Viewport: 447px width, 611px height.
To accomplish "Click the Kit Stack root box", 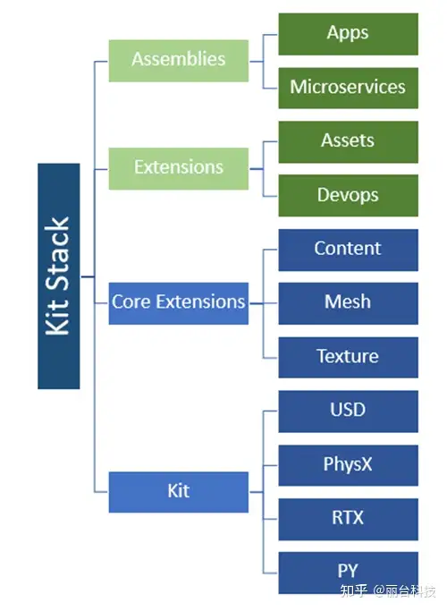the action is click(59, 276).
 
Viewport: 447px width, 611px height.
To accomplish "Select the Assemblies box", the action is click(178, 61).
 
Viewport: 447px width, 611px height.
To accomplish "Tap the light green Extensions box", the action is click(178, 169).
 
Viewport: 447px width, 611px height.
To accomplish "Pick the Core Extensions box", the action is click(178, 303).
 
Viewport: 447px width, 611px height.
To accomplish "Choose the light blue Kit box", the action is click(178, 492).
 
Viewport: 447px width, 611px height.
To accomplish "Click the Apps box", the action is click(348, 34).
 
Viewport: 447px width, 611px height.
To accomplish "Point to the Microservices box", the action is click(348, 88).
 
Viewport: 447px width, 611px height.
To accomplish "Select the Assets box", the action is click(348, 142).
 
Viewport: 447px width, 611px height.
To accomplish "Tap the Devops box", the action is click(348, 195).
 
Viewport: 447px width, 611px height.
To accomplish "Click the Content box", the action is click(348, 250).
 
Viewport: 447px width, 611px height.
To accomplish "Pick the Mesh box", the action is click(348, 303).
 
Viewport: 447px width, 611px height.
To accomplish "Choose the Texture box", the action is click(348, 357).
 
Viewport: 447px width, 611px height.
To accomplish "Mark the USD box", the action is click(348, 412).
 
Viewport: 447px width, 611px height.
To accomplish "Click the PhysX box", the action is click(348, 465).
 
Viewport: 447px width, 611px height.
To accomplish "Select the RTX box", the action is click(348, 519).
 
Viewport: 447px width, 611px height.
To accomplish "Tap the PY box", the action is click(348, 573).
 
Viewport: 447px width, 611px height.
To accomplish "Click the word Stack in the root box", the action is click(57, 253).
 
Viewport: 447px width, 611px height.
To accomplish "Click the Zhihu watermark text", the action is click(388, 591).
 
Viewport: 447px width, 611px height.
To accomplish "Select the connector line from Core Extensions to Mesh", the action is click(264, 303).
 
